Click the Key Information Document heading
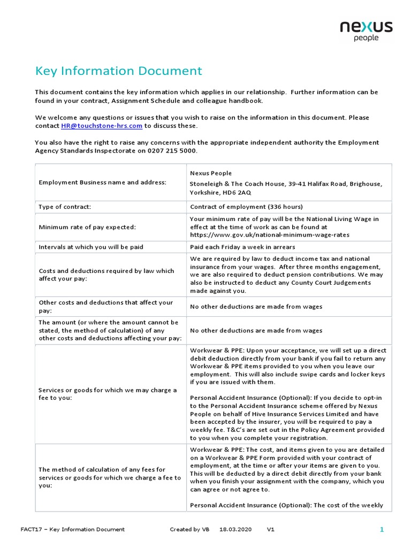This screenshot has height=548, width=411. pyautogui.click(x=118, y=71)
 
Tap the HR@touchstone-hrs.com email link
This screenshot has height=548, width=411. pyautogui.click(x=101, y=126)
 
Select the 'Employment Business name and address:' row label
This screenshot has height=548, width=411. pyautogui.click(x=103, y=182)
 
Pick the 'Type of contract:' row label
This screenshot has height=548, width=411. pyautogui.click(x=65, y=207)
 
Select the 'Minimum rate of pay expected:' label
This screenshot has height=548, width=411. pyautogui.click(x=87, y=227)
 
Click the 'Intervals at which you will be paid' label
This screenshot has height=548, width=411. pyautogui.click(x=91, y=247)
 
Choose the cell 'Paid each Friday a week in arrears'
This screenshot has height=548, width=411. pyautogui.click(x=242, y=247)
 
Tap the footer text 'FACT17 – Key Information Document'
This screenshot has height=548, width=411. pyautogui.click(x=72, y=529)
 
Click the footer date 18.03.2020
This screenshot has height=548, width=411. pyautogui.click(x=235, y=529)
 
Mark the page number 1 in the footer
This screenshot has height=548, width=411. pyautogui.click(x=382, y=529)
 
